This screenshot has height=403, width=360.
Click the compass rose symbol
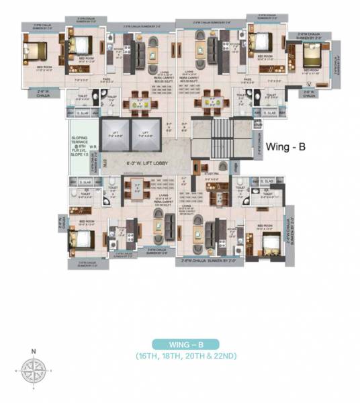click(x=33, y=369)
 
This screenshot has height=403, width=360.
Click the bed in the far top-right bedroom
click(x=314, y=57)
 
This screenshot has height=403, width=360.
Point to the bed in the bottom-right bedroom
click(x=268, y=242)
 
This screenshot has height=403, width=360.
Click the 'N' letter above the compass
click(x=33, y=350)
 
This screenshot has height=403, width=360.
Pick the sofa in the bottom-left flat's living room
click(x=154, y=229)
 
